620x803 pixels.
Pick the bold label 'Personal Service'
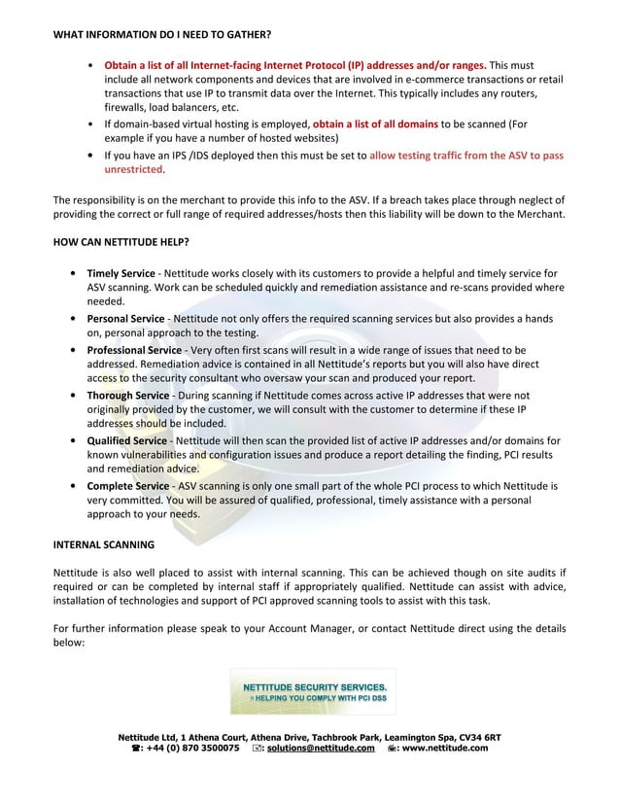(x=126, y=319)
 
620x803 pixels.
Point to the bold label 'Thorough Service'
(x=128, y=396)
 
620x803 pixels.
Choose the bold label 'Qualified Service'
(x=127, y=441)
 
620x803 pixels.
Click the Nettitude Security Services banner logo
(x=313, y=691)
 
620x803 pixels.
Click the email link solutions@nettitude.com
(x=321, y=749)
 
